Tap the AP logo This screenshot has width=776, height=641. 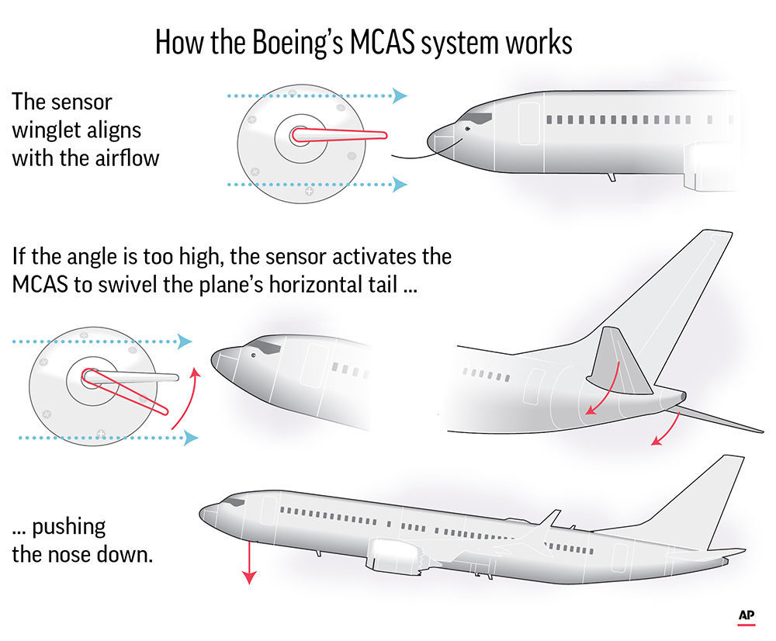[x=747, y=615]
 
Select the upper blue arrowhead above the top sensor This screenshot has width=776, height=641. [x=400, y=96]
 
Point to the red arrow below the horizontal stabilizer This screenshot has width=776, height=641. [x=667, y=431]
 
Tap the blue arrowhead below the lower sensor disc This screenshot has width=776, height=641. [x=189, y=438]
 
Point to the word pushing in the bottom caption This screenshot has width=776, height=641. [x=69, y=527]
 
